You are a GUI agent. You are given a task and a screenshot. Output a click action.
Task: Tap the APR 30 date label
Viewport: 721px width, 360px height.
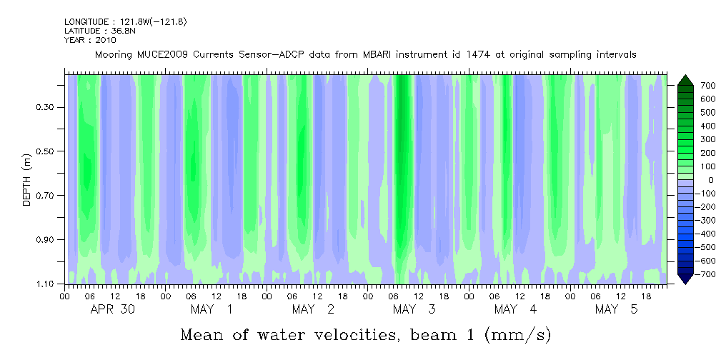pos(112,309)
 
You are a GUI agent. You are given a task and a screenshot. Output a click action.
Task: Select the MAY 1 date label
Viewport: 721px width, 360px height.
pos(212,309)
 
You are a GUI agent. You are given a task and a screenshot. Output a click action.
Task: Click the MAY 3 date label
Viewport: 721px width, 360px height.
pos(414,309)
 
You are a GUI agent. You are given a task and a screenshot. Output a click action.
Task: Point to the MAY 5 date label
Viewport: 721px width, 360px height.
pos(616,309)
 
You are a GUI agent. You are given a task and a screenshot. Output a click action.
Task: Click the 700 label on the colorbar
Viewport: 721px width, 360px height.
pos(707,86)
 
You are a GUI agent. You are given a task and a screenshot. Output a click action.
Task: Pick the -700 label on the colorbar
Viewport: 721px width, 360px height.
pos(705,274)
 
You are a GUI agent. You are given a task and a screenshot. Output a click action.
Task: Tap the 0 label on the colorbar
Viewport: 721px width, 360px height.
pos(710,180)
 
